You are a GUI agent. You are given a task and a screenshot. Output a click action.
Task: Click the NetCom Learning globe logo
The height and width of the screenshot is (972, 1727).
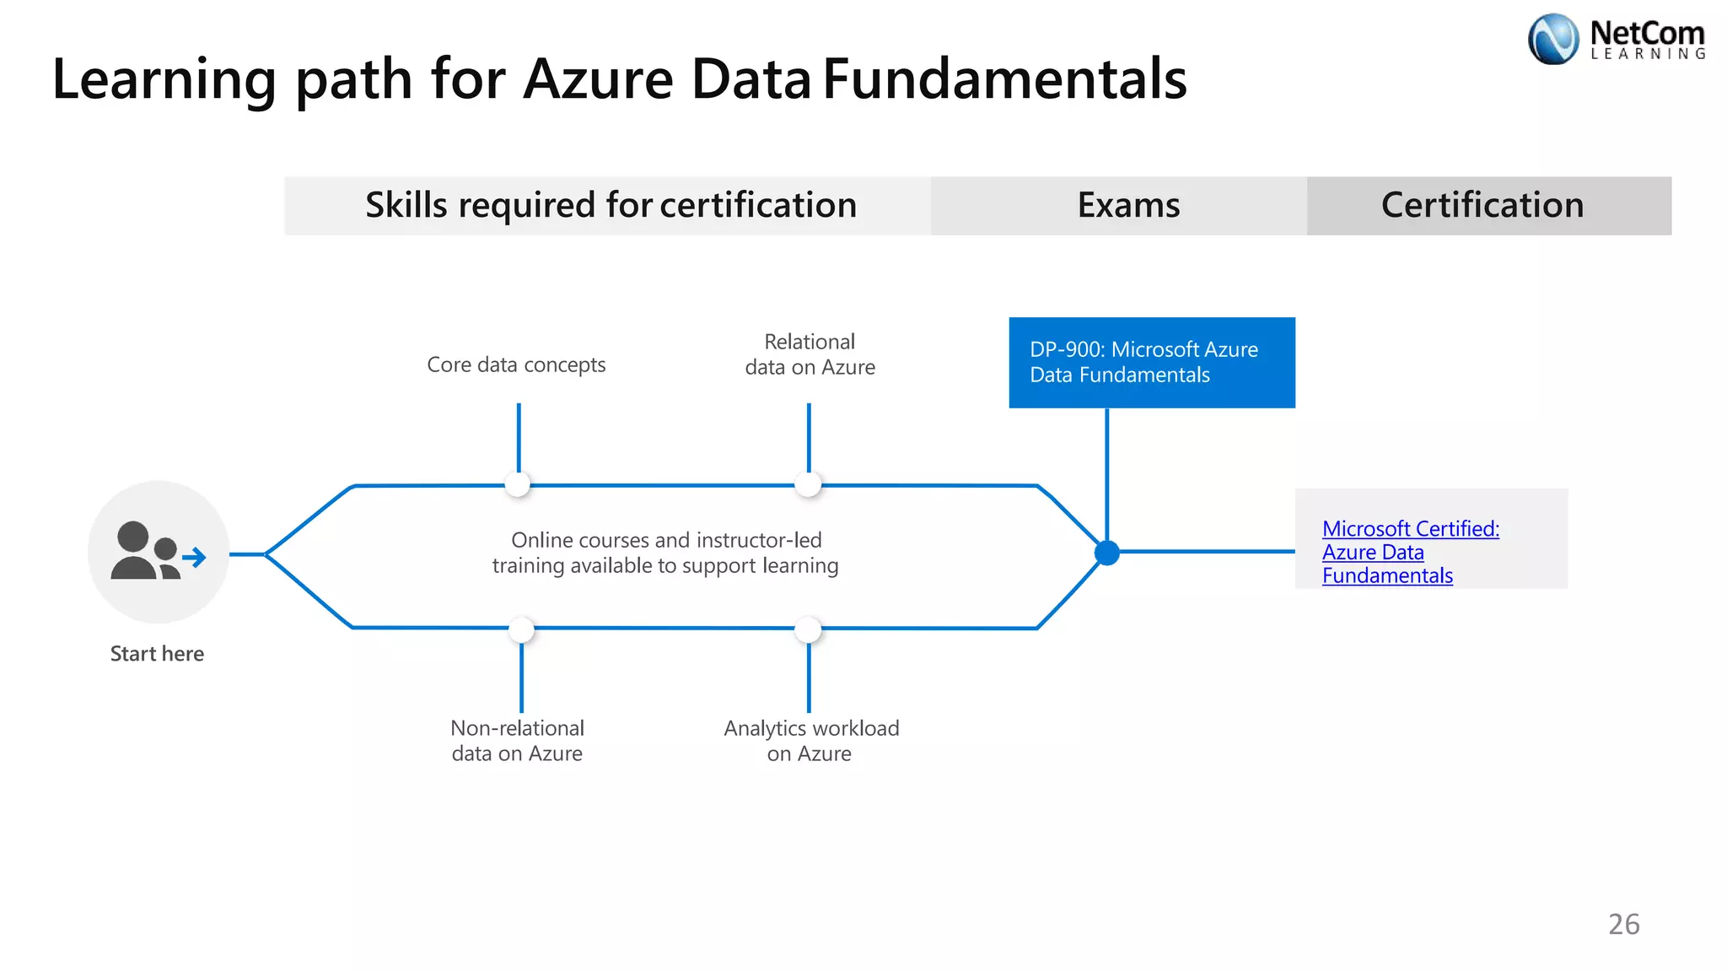pos(1552,39)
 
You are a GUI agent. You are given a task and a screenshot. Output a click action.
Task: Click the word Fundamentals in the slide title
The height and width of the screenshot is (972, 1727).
pos(1004,79)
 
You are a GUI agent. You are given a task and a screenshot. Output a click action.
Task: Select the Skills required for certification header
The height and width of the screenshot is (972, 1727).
pos(610,206)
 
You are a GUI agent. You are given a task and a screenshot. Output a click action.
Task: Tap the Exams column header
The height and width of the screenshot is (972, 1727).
pos(1128,206)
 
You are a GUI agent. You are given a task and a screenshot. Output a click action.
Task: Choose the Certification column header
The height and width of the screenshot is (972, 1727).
pos(1482,206)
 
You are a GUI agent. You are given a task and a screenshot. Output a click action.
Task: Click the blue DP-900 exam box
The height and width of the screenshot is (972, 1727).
pos(1151,363)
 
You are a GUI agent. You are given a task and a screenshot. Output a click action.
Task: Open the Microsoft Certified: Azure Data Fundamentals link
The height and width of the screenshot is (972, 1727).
pos(1410,552)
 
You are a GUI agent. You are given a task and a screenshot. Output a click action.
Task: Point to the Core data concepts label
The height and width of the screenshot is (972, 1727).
pos(516,364)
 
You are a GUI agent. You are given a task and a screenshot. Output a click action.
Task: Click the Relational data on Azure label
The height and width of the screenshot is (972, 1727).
pos(810,354)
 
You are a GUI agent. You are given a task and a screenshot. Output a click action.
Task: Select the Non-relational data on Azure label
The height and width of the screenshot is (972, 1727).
pos(517,741)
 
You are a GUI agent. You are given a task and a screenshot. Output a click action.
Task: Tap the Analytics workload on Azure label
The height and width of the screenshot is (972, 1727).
pos(810,741)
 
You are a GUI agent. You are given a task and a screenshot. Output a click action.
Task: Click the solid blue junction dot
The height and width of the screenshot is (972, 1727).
pos(1106,553)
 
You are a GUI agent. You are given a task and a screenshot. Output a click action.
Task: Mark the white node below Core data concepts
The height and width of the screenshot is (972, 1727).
pos(518,484)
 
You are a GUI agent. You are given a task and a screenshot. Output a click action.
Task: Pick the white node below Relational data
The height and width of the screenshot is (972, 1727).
pos(808,484)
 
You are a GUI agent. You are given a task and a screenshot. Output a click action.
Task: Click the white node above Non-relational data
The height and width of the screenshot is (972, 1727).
pos(521,629)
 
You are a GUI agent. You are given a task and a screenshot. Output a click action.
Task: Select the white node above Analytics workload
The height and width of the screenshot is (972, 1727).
pos(808,629)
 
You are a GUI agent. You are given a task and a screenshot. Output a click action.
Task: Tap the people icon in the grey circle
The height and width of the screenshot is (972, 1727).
pos(157,552)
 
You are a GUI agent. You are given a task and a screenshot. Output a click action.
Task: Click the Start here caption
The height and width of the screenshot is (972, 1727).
pos(157,654)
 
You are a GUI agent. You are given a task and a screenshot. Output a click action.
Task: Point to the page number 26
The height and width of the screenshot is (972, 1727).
pos(1623,925)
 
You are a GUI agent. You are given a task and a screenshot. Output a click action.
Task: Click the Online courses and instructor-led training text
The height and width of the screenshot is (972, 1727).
pos(665,553)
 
